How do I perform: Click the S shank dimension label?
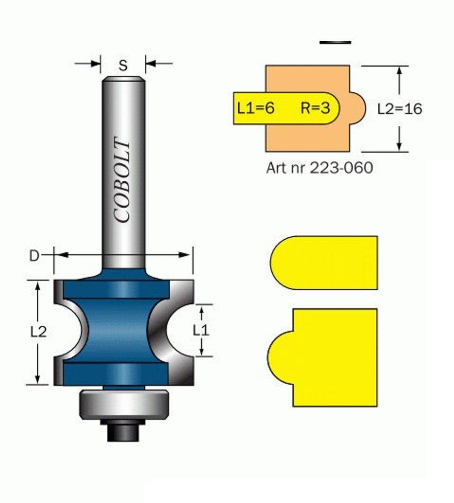123,65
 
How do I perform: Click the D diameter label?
34,255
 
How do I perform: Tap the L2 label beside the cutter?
38,332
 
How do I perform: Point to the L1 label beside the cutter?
201,330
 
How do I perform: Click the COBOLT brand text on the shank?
122,180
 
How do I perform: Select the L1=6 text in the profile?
255,108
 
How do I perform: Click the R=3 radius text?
315,108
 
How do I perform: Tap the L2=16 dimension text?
399,109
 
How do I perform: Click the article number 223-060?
341,168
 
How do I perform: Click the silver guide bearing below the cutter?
123,404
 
